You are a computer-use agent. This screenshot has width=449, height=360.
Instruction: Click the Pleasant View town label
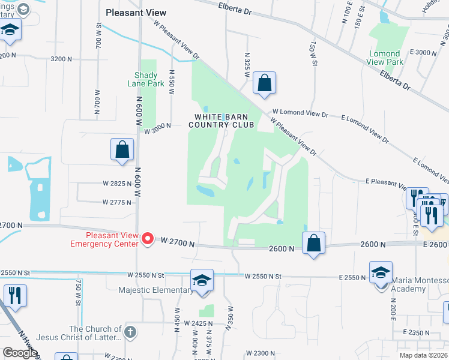136,12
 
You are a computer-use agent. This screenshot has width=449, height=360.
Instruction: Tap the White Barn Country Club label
221,121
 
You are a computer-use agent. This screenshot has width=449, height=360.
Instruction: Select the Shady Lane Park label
142,80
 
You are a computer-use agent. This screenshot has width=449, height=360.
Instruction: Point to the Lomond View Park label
385,58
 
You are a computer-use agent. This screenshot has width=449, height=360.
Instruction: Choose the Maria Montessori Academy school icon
381,273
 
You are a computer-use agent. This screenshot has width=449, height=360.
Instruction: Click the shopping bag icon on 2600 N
313,243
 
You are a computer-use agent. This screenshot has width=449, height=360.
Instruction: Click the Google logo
20,353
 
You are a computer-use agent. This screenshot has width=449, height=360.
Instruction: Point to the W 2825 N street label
117,183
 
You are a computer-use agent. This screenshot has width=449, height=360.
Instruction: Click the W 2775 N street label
117,203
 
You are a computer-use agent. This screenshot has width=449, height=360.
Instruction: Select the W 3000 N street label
157,125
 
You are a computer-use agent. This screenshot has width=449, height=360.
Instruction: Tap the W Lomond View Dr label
300,113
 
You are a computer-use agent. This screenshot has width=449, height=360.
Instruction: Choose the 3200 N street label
62,59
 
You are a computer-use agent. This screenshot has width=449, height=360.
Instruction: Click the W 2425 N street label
199,323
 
